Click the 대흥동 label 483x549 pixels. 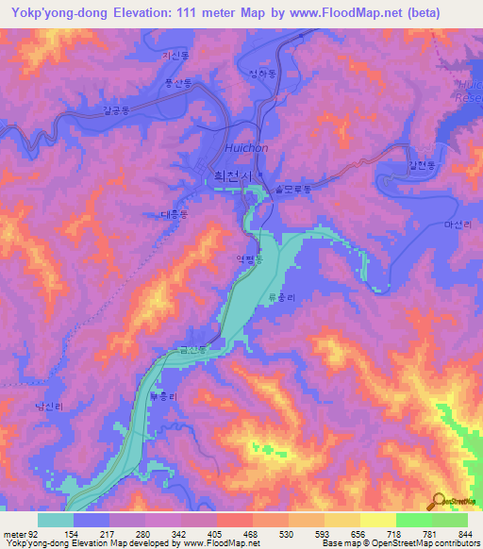pos(175,214)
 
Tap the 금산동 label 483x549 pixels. pos(189,350)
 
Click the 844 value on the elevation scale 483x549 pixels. pos(462,535)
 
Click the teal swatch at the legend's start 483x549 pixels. pos(56,520)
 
